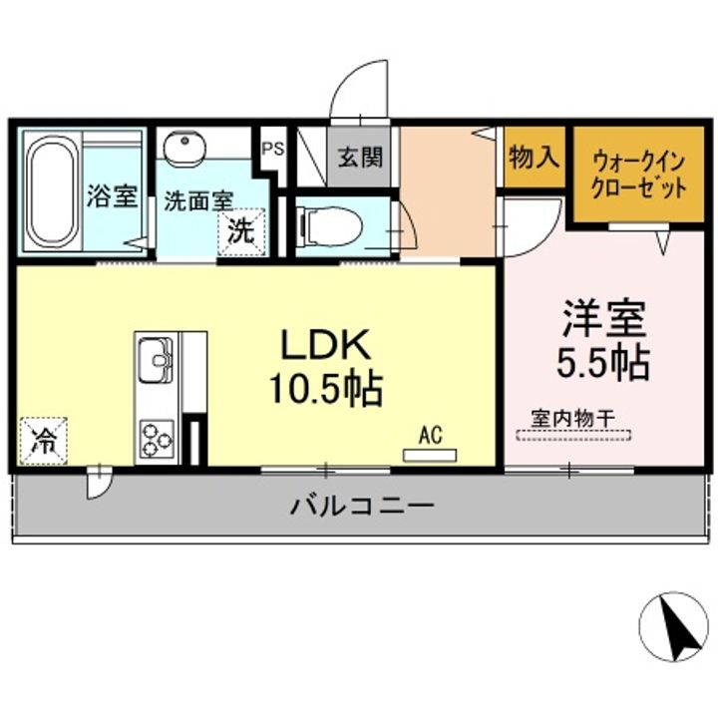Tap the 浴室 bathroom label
111,196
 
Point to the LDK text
324,346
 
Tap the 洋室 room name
603,319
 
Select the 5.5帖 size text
603,361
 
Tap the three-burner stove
156,437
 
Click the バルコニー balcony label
362,505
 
